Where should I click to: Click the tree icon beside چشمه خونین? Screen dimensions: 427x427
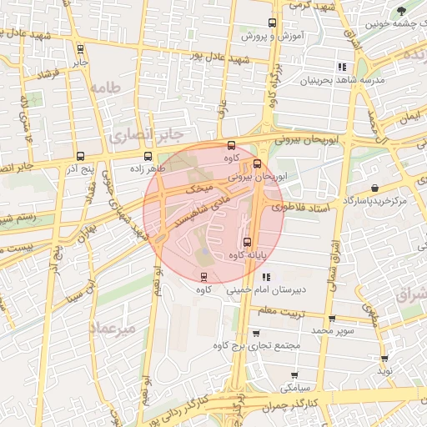pos(402,11)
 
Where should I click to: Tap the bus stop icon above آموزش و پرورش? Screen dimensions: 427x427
pos(271,23)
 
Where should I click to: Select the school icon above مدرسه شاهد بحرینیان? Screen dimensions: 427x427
pos(341,67)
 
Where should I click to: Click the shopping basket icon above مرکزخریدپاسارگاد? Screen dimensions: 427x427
pos(374,188)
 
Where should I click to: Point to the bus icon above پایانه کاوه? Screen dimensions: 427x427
pos(245,242)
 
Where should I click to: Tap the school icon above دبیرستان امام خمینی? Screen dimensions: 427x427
pos(266,277)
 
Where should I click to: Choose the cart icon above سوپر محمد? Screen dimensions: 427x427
pos(332,319)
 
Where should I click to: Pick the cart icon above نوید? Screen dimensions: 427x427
pos(384,357)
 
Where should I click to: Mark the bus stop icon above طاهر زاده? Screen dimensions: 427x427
pos(148,156)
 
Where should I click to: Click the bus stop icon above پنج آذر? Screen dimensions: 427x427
pos(81,156)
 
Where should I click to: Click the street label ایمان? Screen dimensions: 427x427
pos(409,120)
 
